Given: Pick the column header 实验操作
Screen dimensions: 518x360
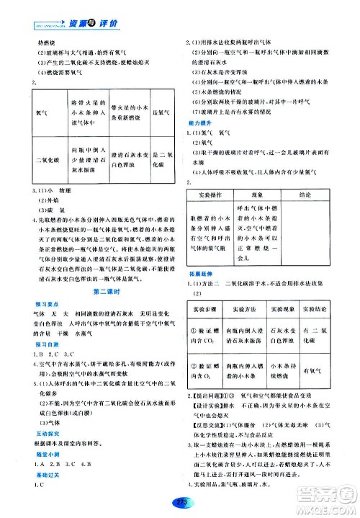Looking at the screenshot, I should point(210,195).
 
